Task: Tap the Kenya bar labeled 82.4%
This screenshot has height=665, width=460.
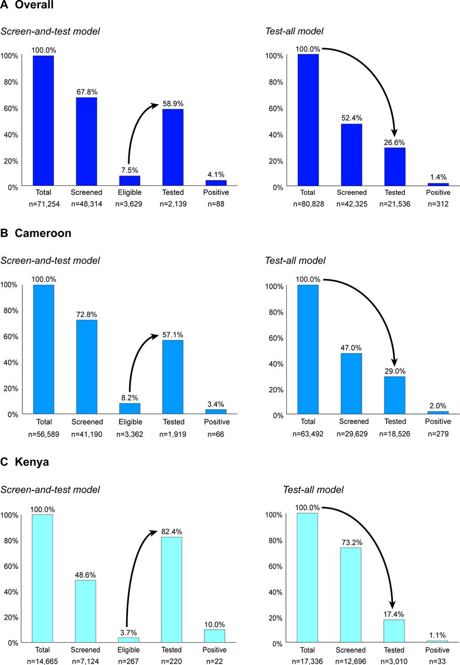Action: tap(172, 590)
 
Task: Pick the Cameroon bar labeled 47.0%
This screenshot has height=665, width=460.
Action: tap(351, 384)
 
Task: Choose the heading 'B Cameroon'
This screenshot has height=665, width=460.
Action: tap(36, 233)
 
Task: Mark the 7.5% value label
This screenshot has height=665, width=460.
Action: tap(129, 169)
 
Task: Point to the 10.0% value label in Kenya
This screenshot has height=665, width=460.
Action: tap(215, 623)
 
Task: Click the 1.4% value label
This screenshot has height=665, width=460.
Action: tap(438, 177)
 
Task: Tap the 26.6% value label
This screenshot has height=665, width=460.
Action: tap(394, 142)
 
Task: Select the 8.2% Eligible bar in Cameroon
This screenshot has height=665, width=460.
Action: tap(129, 409)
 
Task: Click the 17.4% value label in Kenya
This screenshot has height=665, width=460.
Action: tap(394, 613)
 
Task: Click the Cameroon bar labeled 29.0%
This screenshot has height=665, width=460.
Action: tap(394, 395)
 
